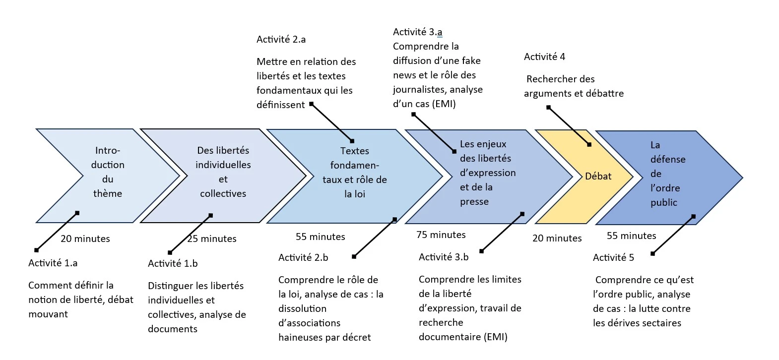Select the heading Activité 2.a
coord(281,40)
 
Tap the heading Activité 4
coord(544,57)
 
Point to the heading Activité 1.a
coord(53,263)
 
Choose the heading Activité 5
coord(613,258)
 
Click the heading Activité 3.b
coord(443,257)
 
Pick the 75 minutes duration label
coord(441,235)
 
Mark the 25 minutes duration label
coord(212,239)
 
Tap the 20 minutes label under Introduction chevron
coord(85,239)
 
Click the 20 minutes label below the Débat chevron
coord(557,239)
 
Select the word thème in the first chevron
coord(108,194)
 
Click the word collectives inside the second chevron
coord(223,194)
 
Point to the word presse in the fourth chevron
coord(474,202)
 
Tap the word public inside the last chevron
coord(663,203)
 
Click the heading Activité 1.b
coord(172,264)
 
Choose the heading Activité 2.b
coord(303,258)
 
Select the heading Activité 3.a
coord(417,32)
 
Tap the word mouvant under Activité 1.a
coord(48,314)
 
